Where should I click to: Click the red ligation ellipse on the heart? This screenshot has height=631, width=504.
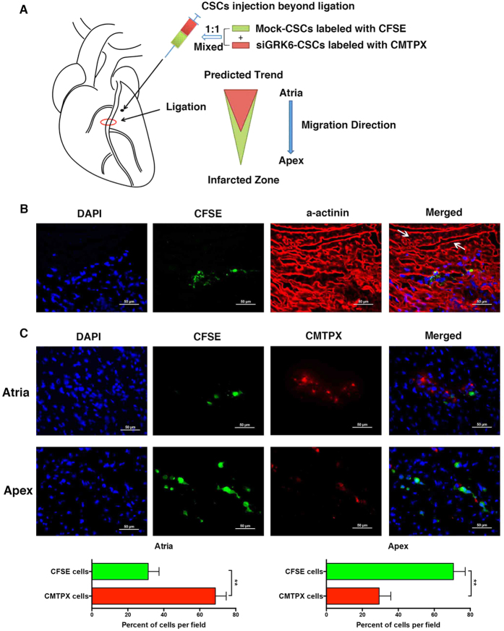pos(108,121)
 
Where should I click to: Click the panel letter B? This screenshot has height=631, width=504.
pos(25,209)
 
